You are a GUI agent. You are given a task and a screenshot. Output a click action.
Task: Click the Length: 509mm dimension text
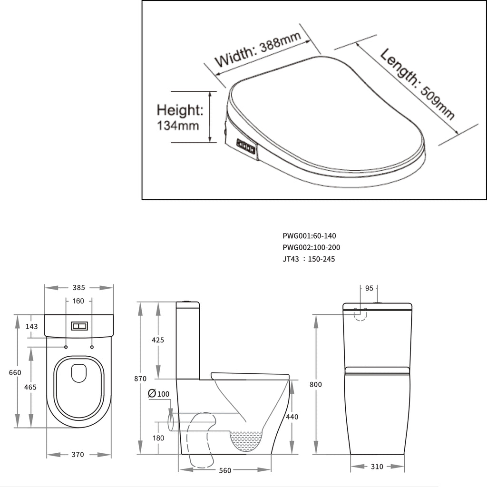click(x=418, y=85)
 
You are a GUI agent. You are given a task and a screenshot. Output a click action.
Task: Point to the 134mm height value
click(x=175, y=126)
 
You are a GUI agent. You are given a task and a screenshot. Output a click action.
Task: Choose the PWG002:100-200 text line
click(x=312, y=247)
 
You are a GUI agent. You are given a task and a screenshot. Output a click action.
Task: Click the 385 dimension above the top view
click(x=78, y=287)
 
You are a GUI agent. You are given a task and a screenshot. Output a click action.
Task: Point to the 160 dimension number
click(x=78, y=301)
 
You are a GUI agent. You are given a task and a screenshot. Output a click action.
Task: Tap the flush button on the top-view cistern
click(x=79, y=326)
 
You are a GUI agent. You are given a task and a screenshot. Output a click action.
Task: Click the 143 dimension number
click(x=31, y=326)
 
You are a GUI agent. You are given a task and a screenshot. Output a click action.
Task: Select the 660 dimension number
click(x=15, y=372)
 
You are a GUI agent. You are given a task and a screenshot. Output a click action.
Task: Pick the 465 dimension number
click(x=30, y=387)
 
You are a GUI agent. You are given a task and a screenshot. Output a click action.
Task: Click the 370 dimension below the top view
click(x=78, y=455)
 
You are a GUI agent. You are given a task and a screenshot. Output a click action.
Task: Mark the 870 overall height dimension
click(x=140, y=379)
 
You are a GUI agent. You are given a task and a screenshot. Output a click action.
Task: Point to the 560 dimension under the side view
click(x=225, y=470)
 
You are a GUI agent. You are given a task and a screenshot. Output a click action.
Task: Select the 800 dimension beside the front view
click(x=316, y=384)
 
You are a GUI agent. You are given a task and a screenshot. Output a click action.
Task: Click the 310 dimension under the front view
click(x=377, y=467)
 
